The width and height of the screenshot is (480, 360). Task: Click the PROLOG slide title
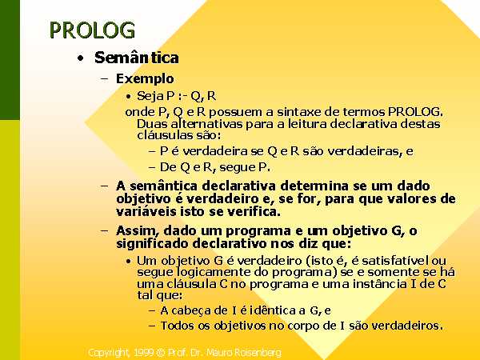pyautogui.click(x=92, y=30)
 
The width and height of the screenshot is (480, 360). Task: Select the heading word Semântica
pyautogui.click(x=137, y=58)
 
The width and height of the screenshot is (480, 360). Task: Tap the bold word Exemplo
pyautogui.click(x=145, y=79)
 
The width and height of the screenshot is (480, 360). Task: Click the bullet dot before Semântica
pyautogui.click(x=81, y=58)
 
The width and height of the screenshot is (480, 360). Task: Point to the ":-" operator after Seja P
pyautogui.click(x=182, y=96)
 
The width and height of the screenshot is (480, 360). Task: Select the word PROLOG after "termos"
pyautogui.click(x=415, y=112)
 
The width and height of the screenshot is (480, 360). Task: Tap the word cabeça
pyautogui.click(x=191, y=310)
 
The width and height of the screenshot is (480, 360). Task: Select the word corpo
pyautogui.click(x=305, y=326)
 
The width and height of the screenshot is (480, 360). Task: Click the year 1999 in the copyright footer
pyautogui.click(x=143, y=352)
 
